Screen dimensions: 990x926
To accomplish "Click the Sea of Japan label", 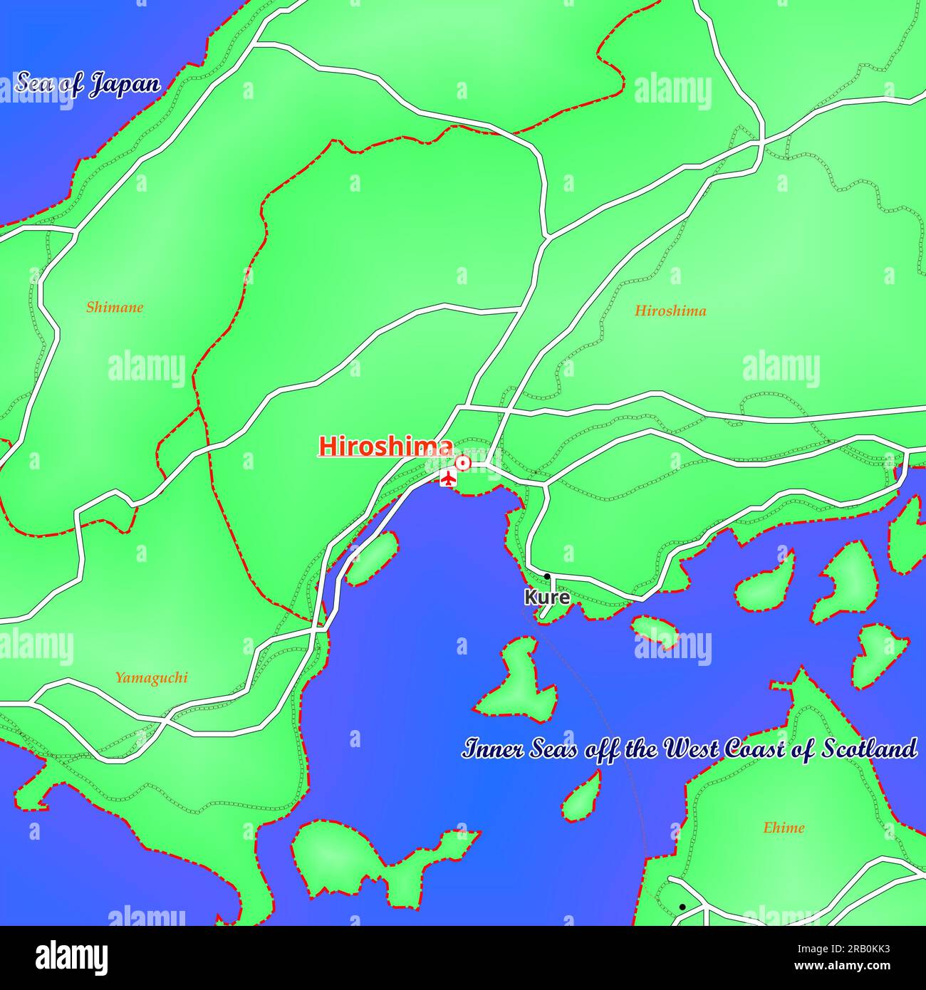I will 88,84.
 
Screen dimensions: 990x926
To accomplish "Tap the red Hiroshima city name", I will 385,447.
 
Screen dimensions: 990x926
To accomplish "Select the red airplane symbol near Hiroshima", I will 447,478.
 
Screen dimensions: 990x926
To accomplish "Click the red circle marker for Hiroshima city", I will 463,464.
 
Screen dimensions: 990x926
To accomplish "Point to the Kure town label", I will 547,597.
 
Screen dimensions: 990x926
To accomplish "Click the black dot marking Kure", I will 547,576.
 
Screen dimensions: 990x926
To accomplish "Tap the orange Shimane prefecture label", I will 115,308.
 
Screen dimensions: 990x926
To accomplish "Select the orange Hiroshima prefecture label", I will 670,311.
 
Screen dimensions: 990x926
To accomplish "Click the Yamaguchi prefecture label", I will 152,677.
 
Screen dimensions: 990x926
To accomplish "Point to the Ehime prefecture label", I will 784,828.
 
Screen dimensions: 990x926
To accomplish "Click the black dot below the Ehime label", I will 682,907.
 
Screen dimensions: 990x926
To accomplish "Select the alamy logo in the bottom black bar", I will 71,958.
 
